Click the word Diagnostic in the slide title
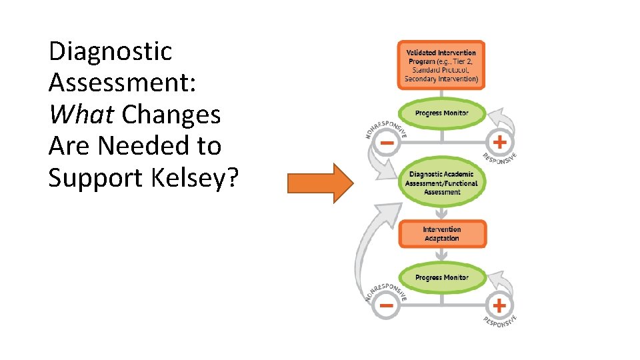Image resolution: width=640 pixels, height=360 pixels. pyautogui.click(x=111, y=51)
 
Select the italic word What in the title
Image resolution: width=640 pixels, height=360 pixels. pyautogui.click(x=81, y=114)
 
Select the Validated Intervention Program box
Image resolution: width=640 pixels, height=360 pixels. pyautogui.click(x=441, y=65)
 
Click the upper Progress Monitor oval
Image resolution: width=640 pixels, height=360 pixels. pyautogui.click(x=441, y=113)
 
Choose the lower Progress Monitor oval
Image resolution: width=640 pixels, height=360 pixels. pyautogui.click(x=441, y=277)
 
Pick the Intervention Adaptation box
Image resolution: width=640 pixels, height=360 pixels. pyautogui.click(x=441, y=234)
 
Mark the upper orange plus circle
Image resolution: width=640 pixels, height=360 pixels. pyautogui.click(x=499, y=142)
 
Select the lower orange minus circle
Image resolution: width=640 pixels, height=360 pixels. pyautogui.click(x=385, y=306)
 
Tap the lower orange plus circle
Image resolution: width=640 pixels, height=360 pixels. pyautogui.click(x=499, y=306)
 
